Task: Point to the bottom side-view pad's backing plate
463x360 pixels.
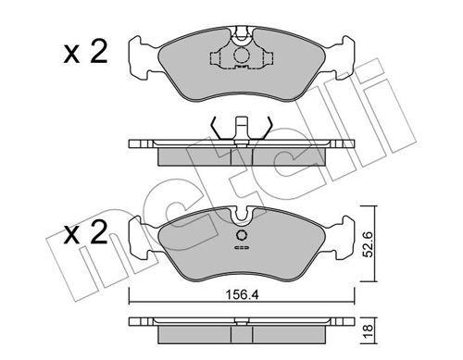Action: (240, 325)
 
